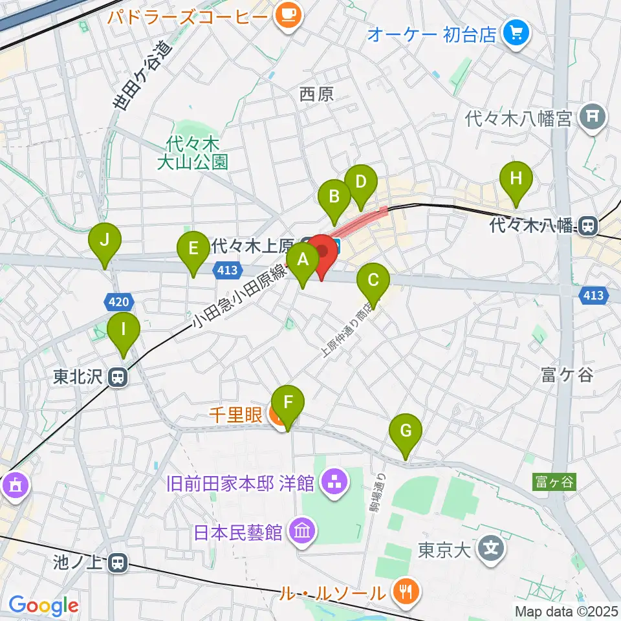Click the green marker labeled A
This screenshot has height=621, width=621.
pyautogui.click(x=302, y=260)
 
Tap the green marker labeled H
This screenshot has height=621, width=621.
pyautogui.click(x=516, y=179)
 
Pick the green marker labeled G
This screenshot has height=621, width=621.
pyautogui.click(x=406, y=431)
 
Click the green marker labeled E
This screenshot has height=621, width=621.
pyautogui.click(x=193, y=248)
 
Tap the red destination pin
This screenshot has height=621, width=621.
pyautogui.click(x=321, y=252)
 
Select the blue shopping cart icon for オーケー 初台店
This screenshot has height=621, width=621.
pyautogui.click(x=517, y=33)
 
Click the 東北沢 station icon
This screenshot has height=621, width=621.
pyautogui.click(x=117, y=377)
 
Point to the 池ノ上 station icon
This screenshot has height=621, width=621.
pyautogui.click(x=117, y=563)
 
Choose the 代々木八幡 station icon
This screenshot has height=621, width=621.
pyautogui.click(x=588, y=226)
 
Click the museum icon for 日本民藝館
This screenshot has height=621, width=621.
pyautogui.click(x=301, y=532)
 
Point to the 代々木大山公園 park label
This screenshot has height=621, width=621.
pyautogui.click(x=193, y=153)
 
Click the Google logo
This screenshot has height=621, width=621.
pyautogui.click(x=43, y=606)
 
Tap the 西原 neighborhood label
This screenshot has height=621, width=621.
pyautogui.click(x=317, y=94)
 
